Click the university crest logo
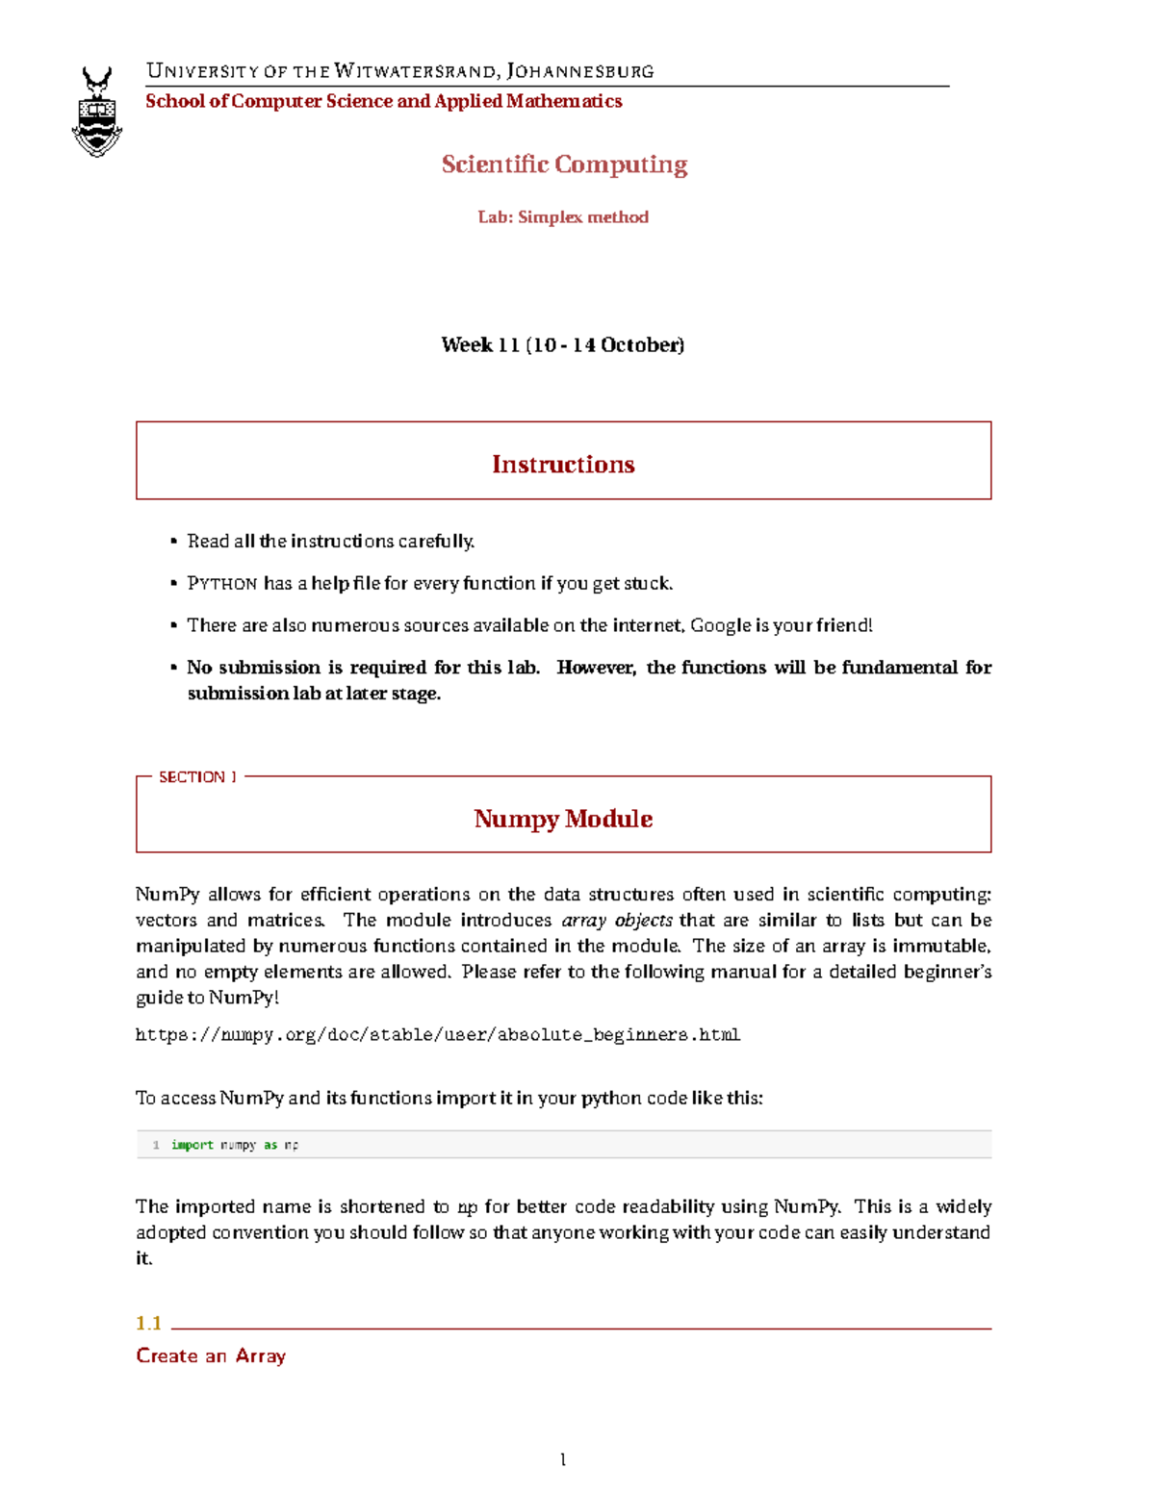97,112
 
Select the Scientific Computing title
564,165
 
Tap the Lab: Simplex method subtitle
563,217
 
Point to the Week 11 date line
563,344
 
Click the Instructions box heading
563,465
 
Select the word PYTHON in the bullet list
221,584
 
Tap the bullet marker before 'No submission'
174,667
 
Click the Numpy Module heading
563,819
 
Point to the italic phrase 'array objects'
617,921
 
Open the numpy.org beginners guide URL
438,1035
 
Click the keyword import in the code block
192,1145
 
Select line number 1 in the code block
156,1145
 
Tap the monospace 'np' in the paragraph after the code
467,1208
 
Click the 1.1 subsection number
148,1324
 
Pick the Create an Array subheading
211,1356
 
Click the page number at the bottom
563,1460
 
